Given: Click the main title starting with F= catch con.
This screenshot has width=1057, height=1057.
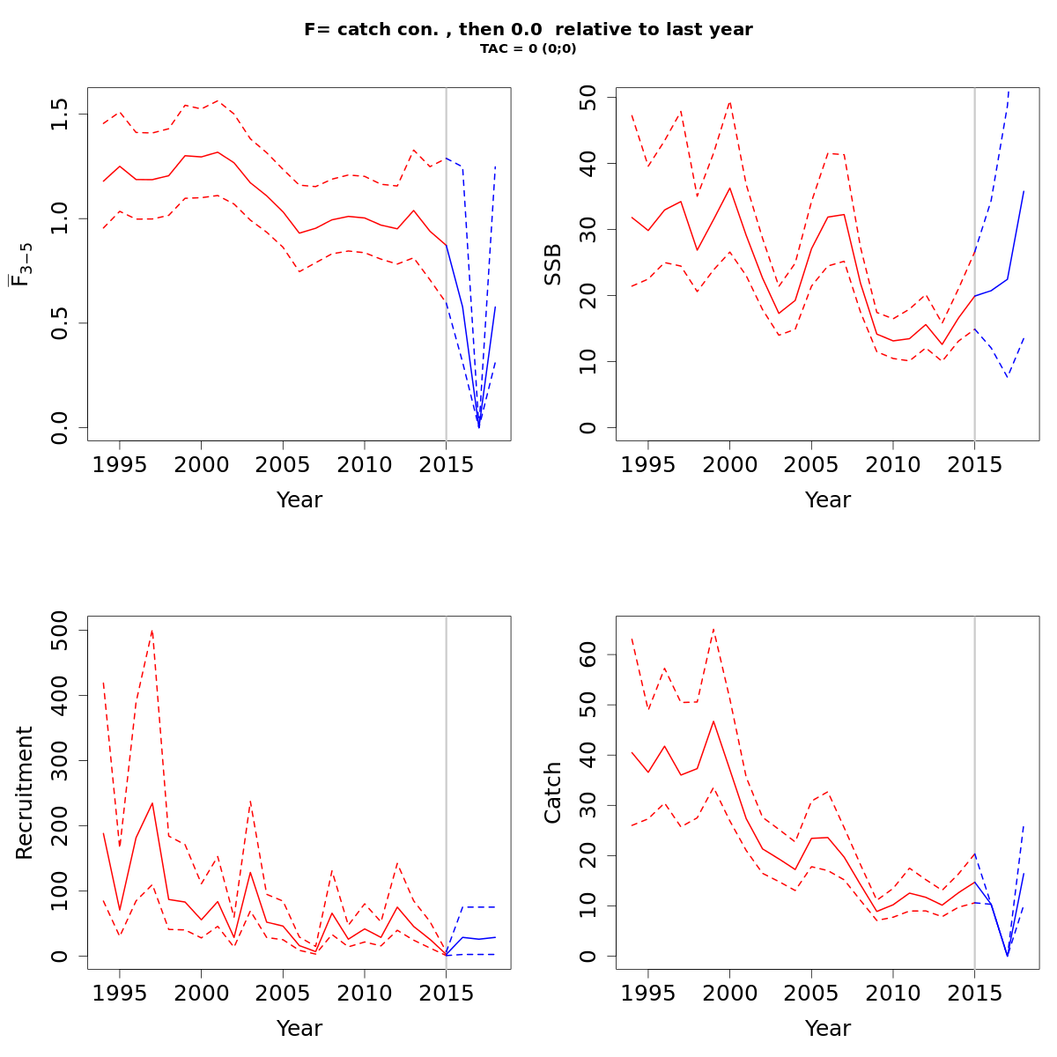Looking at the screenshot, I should coord(528,30).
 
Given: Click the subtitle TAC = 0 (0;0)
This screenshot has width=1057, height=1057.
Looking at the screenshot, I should coord(528,49).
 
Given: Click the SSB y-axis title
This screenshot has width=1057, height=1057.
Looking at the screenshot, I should coord(553,264).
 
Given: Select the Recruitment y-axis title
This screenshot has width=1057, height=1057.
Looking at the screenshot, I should coord(25,793).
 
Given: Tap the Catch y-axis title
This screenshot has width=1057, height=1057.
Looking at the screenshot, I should coord(553,793).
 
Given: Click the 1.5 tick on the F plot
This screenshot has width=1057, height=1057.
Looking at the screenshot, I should coord(60,115).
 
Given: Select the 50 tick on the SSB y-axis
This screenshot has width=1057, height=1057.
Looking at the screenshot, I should coord(588,98).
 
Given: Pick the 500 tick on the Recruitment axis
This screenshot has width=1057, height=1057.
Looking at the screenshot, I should coord(60,630).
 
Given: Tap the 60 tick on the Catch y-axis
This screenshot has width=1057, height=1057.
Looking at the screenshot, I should coord(588,654).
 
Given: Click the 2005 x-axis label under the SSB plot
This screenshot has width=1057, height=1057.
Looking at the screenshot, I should coord(811,464).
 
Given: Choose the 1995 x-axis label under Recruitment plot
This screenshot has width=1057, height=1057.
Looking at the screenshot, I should coord(120,993).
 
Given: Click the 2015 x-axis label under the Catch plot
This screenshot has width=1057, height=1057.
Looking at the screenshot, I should coord(974,993).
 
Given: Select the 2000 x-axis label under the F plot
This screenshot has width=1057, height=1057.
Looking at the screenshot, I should coord(201,464).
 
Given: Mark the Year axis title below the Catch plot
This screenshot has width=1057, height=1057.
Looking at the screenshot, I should coord(828,1028).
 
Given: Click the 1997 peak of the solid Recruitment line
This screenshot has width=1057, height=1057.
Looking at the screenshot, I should coord(152,802).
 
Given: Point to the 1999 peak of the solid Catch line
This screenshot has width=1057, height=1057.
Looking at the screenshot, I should coord(713,721).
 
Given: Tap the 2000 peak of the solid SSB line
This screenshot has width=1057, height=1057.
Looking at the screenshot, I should coord(729,188).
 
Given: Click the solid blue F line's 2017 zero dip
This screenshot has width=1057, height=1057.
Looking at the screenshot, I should coord(479,427).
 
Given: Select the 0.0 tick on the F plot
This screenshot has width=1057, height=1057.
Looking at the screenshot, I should coord(60,428).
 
